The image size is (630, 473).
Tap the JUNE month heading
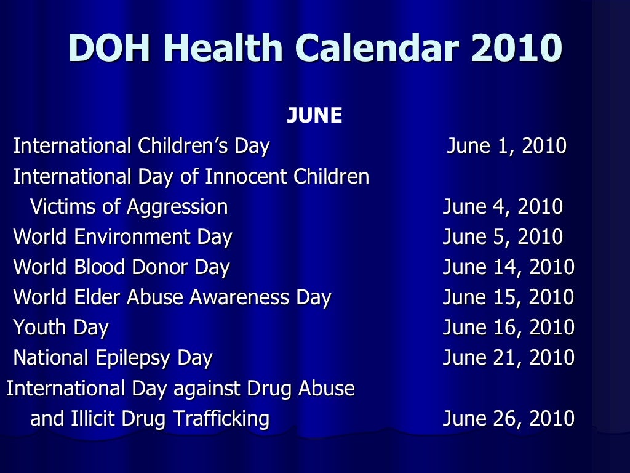(x=314, y=116)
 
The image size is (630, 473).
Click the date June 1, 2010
(x=506, y=147)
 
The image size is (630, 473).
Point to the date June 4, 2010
(x=503, y=207)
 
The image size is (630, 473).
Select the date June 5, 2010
(x=503, y=237)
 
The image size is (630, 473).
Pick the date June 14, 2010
(x=509, y=267)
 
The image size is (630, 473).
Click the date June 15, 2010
(x=509, y=297)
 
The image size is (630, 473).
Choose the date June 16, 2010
(x=509, y=328)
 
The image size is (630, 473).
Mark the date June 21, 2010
(x=509, y=358)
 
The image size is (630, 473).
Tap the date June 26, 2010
(x=509, y=419)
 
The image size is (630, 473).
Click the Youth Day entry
(x=61, y=328)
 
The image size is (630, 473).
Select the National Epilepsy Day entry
(x=113, y=358)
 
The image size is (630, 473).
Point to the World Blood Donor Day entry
(x=122, y=267)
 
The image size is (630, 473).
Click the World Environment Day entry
(x=123, y=237)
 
